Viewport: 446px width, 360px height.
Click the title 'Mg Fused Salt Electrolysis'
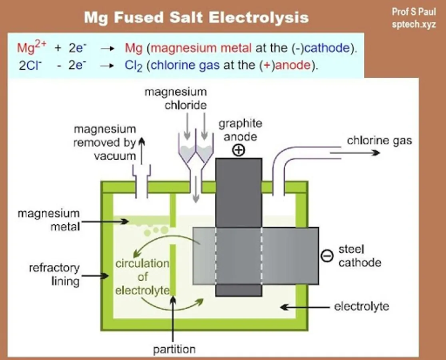point(196,18)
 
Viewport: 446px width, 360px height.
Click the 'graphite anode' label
point(240,130)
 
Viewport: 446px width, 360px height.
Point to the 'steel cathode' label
point(359,256)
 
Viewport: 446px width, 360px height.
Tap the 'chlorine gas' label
point(379,140)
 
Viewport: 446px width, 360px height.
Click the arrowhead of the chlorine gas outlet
point(376,153)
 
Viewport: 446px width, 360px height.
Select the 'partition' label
point(174,349)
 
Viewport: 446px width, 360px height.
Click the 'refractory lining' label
point(54,274)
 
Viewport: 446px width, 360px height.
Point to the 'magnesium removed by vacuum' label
point(105,142)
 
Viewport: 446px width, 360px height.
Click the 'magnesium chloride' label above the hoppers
point(175,98)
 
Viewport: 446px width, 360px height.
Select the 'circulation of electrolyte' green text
point(142,277)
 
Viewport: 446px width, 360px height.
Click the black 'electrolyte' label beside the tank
point(361,307)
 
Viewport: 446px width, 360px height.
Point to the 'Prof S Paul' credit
point(414,12)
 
